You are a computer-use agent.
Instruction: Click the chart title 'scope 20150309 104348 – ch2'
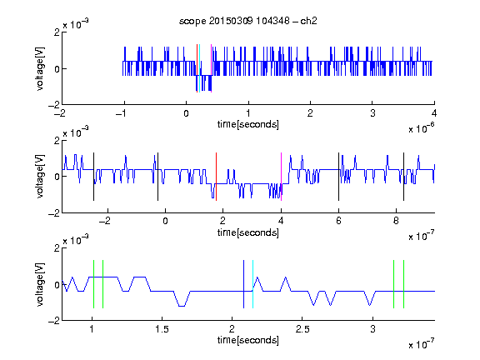[x=248, y=21]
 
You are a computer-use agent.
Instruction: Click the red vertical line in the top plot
[x=197, y=68]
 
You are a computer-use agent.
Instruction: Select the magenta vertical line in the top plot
[x=211, y=68]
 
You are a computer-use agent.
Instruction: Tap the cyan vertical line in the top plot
[x=200, y=68]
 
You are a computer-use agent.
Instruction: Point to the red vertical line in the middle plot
[x=216, y=177]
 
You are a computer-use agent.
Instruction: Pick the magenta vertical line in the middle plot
[x=282, y=177]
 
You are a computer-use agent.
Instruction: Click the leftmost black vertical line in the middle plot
[x=93, y=177]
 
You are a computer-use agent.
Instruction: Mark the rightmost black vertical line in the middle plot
[x=404, y=177]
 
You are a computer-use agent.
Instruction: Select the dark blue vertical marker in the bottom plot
[x=243, y=284]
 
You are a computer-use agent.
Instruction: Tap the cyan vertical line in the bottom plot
[x=252, y=284]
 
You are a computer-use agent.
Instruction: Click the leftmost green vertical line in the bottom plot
[x=93, y=284]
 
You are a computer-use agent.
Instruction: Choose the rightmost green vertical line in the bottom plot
[x=404, y=284]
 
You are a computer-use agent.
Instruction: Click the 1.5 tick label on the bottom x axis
[x=162, y=329]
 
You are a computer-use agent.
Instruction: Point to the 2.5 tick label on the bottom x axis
[x=302, y=329]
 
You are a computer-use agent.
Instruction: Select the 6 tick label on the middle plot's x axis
[x=338, y=221]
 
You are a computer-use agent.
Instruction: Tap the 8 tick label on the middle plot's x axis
[x=396, y=221]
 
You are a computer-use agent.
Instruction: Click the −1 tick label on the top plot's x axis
[x=121, y=113]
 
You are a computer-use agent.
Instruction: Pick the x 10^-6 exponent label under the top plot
[x=422, y=128]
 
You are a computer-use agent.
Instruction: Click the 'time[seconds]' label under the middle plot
[x=248, y=232]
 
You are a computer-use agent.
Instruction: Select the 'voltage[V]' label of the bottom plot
[x=40, y=284]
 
